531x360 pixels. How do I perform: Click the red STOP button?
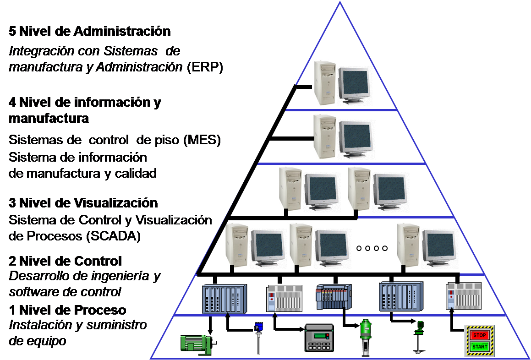479,335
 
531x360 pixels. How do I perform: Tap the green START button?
479,347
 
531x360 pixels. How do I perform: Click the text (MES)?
202,141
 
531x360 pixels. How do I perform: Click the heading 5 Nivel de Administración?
90,32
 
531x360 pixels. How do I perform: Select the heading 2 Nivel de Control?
66,261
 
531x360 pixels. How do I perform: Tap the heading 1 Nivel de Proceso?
67,310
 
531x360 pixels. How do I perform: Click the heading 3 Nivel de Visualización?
83,202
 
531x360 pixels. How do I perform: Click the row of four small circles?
372,248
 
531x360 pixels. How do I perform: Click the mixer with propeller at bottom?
418,338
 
